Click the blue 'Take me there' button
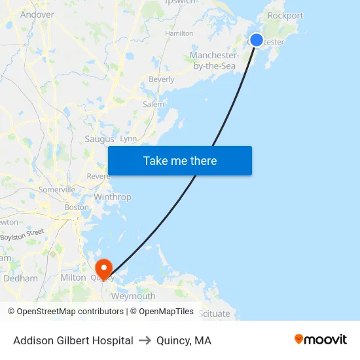point(180,161)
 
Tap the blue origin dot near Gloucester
point(257,40)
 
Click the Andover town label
point(37,14)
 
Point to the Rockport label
point(285,16)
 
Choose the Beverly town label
point(162,79)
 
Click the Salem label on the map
point(153,104)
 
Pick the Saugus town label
point(99,139)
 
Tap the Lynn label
point(128,139)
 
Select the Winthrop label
point(113,197)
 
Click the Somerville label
point(57,189)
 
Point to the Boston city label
point(77,207)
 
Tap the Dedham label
point(21,278)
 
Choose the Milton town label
point(73,278)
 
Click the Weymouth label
point(134,296)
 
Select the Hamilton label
point(179,33)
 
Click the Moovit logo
point(321,340)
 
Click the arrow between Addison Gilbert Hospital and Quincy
point(145,340)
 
